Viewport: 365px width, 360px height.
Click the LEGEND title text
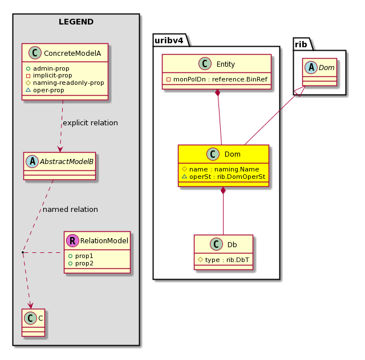(76, 22)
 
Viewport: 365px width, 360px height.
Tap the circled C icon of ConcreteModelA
(35, 53)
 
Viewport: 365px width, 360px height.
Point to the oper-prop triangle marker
(28, 90)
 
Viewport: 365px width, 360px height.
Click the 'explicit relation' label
(90, 123)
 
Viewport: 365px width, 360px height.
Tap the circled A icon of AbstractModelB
(32, 161)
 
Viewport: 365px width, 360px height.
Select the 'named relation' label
(70, 209)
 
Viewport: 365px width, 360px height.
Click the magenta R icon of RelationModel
(72, 240)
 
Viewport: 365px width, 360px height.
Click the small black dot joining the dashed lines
(23, 252)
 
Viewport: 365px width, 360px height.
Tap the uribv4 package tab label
(169, 40)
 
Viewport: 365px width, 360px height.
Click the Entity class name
(226, 64)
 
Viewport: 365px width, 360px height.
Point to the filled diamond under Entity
(218, 93)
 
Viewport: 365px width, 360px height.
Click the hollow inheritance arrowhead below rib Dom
(300, 91)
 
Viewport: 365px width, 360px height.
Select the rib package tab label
(301, 44)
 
